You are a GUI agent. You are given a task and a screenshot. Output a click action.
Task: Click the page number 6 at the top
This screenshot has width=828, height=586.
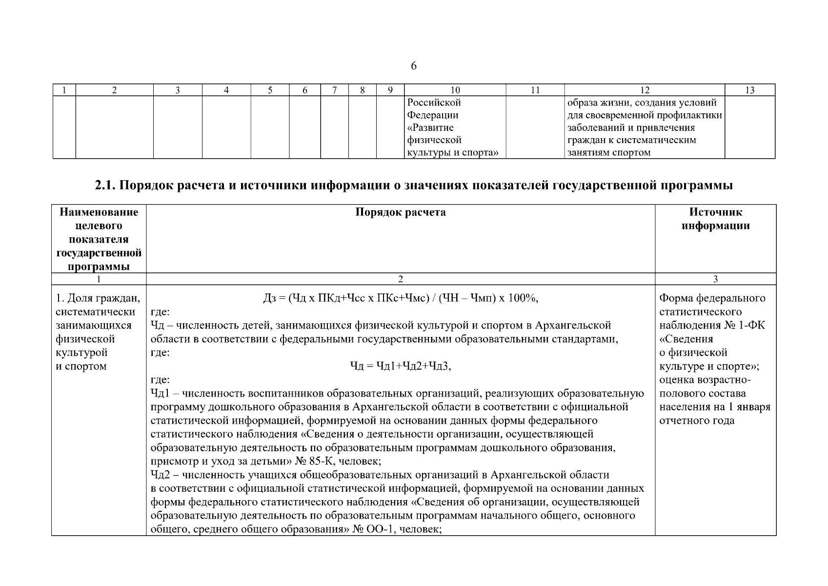414,66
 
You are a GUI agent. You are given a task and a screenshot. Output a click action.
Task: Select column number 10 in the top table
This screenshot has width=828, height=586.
455,90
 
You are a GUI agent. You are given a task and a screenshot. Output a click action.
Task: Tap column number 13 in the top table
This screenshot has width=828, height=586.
750,90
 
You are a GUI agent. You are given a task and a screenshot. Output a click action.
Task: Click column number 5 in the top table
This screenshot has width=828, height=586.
270,90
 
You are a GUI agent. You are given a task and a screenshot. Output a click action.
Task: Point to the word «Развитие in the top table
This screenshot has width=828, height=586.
430,128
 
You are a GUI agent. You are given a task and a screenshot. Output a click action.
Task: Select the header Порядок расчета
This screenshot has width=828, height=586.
400,212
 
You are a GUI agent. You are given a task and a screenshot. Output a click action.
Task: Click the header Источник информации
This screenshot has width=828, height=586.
715,219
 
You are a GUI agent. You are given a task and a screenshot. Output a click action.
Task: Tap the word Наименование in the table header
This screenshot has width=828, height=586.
99,212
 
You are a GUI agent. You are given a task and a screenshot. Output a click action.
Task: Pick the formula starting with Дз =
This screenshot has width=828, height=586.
400,298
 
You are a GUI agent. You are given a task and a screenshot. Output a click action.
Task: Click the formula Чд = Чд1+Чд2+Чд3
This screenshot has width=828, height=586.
401,366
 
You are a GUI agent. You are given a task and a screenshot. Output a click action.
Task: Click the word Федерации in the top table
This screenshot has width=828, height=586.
433,115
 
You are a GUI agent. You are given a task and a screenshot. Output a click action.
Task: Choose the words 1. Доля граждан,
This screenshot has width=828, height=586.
98,298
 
